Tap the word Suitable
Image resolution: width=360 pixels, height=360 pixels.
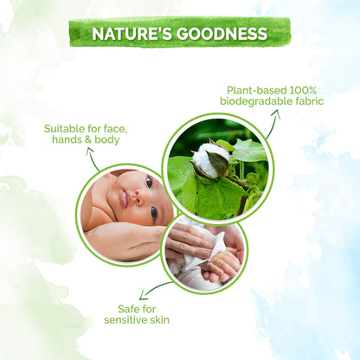[x=65, y=130]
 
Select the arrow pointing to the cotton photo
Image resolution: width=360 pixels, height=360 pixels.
[x=272, y=128]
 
